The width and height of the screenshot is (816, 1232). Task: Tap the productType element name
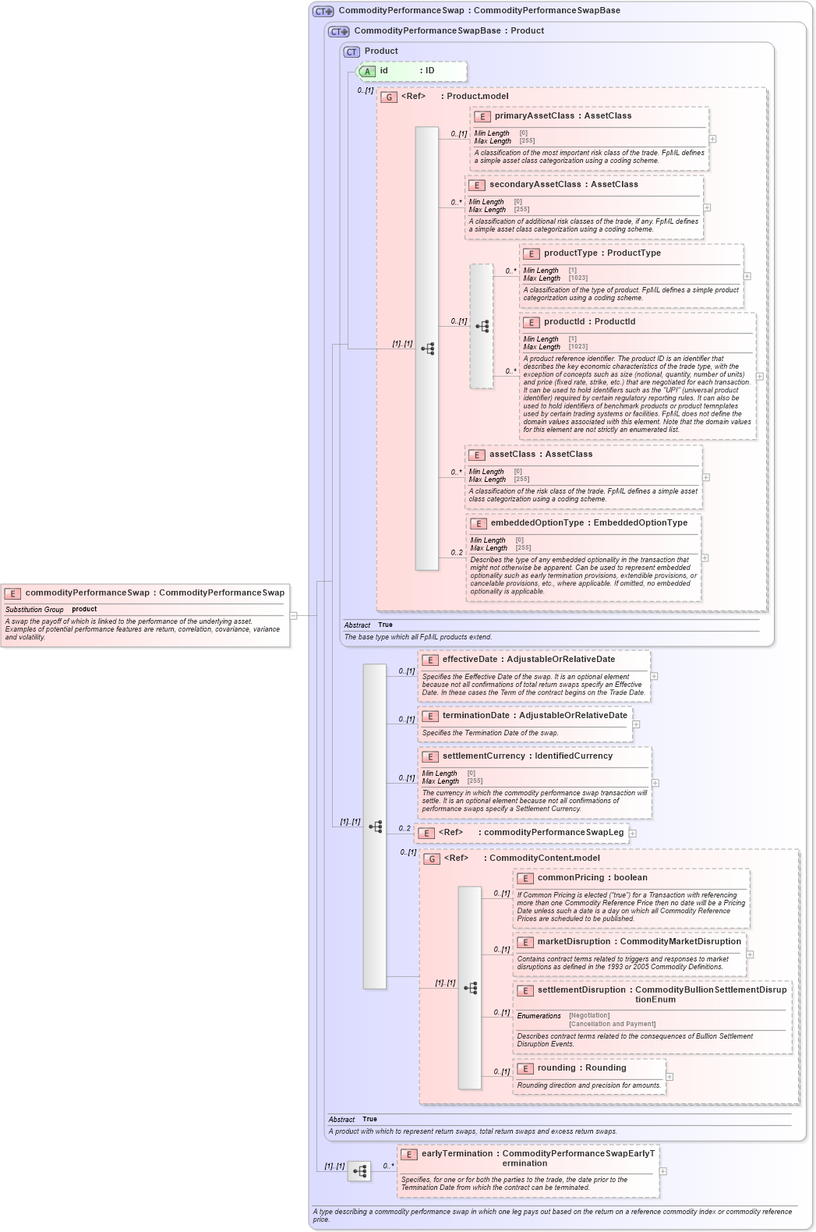click(x=570, y=253)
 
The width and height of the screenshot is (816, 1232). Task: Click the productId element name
click(x=563, y=321)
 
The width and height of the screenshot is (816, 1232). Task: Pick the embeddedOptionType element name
click(x=536, y=522)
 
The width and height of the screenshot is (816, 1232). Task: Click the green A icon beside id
click(x=367, y=71)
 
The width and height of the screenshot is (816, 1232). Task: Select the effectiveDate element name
click(x=470, y=659)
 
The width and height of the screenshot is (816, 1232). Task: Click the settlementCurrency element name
click(x=484, y=756)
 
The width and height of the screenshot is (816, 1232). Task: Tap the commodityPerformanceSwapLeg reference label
click(x=553, y=832)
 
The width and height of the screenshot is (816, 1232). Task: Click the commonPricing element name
click(x=571, y=877)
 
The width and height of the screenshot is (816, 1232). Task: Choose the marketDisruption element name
click(x=574, y=941)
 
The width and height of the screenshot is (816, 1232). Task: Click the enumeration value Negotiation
click(x=589, y=1015)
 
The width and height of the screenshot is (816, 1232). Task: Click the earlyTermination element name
click(x=457, y=1153)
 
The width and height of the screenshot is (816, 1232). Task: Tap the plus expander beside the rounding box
click(x=669, y=1077)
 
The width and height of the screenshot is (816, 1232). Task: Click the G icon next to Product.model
click(x=389, y=97)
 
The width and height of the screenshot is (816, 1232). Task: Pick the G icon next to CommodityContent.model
click(x=432, y=859)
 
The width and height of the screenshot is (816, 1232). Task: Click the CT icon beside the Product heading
click(x=351, y=51)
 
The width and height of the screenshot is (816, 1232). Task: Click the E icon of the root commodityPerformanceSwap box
click(x=12, y=593)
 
